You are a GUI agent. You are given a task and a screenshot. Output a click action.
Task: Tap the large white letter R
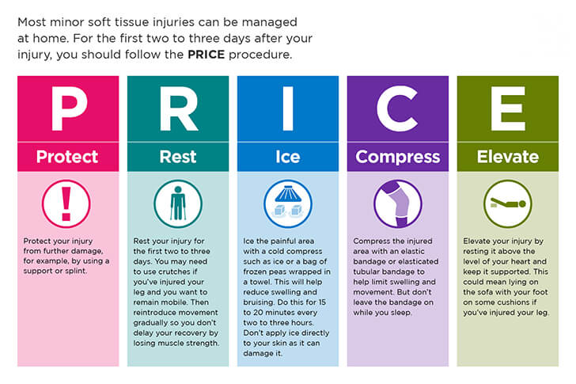179,108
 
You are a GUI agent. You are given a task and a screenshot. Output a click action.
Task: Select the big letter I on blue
288,108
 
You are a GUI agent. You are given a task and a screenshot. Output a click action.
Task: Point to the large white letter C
397,108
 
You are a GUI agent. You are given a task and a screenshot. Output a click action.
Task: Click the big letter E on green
508,108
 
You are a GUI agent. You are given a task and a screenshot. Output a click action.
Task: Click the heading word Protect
67,157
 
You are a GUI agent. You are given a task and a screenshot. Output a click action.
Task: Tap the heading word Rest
178,157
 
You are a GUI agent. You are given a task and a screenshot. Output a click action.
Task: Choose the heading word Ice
288,157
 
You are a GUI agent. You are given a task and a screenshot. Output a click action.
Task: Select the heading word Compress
398,158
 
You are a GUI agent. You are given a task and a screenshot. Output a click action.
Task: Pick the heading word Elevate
508,157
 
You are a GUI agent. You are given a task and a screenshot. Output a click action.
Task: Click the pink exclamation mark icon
66,204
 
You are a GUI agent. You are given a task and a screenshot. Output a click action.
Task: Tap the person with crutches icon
178,204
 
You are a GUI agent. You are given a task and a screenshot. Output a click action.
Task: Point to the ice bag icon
288,204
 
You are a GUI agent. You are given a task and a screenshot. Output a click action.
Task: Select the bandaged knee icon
398,204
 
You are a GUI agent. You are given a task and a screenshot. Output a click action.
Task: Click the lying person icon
508,204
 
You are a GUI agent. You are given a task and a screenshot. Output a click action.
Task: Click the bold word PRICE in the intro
206,55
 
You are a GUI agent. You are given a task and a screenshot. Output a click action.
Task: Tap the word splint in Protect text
75,272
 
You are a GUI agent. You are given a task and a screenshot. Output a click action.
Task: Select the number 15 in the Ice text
322,302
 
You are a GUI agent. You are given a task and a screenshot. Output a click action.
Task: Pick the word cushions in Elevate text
517,302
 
